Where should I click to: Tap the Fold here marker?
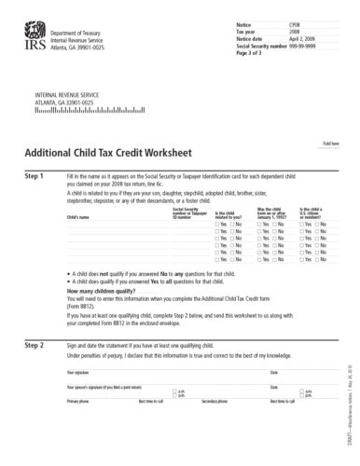pyautogui.click(x=330, y=144)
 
